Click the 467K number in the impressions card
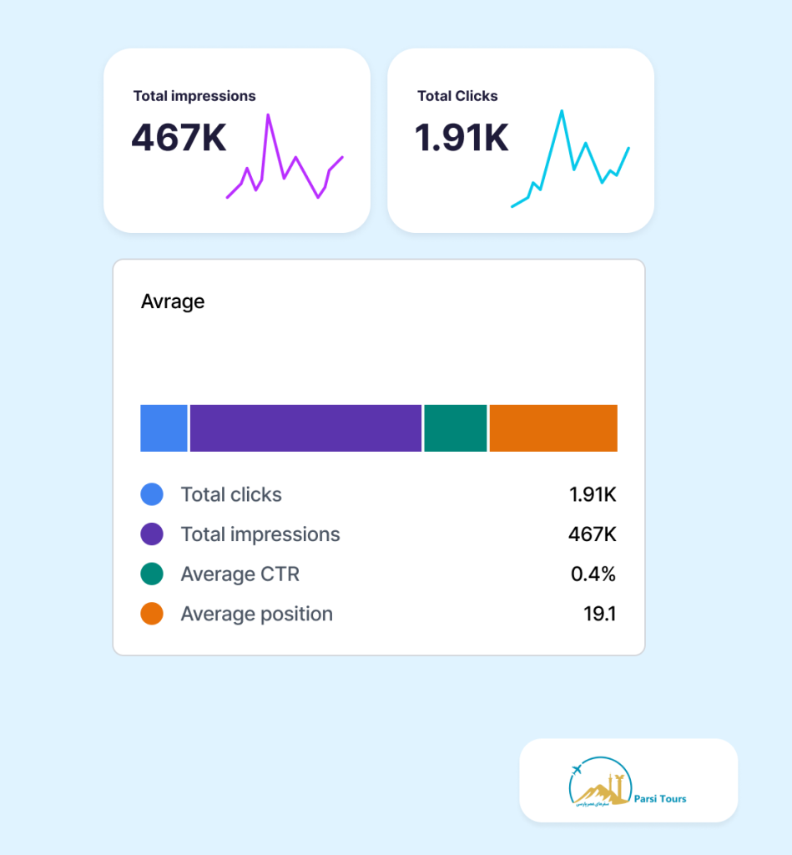pos(179,138)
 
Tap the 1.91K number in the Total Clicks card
pos(462,138)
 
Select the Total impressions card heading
pos(194,96)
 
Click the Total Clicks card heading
pos(457,96)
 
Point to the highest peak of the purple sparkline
pos(268,115)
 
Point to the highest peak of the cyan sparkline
pos(562,111)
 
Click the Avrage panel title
pos(173,301)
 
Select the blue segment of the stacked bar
pos(164,428)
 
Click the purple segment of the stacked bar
pos(305,428)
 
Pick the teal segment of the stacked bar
pos(455,428)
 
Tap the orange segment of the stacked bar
pos(553,428)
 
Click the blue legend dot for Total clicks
pos(152,494)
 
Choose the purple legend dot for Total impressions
pos(152,534)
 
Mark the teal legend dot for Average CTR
pos(152,574)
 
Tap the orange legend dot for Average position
pos(152,615)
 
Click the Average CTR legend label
pos(240,574)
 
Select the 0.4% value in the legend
pos(593,574)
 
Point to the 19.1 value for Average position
pos(599,615)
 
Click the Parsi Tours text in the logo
pos(660,799)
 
